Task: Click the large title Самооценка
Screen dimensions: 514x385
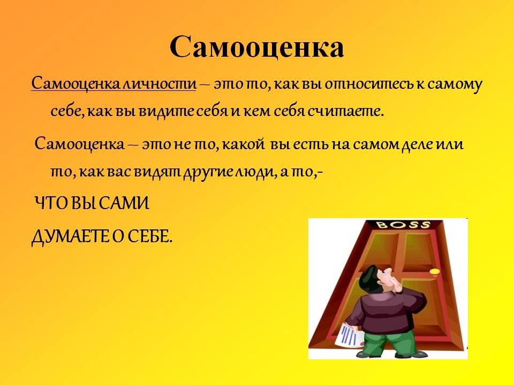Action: pos(256,47)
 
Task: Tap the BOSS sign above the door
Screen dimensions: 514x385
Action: pos(403,225)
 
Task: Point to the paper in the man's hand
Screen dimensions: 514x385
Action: pos(348,335)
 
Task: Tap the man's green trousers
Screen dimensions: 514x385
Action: pos(386,343)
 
